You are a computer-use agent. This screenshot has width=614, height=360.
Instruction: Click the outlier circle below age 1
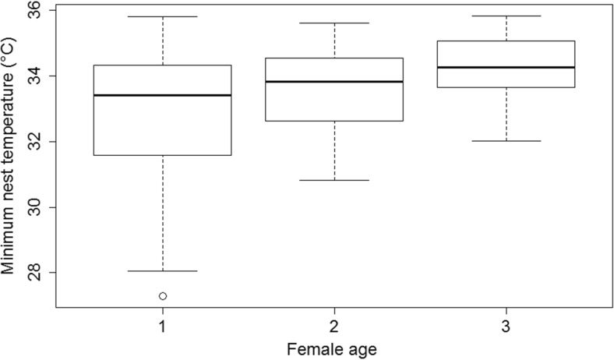163,296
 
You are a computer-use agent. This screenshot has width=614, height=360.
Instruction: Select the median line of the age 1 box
163,95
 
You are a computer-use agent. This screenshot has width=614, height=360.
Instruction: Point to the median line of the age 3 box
506,68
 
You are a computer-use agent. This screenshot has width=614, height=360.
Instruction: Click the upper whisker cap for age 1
163,16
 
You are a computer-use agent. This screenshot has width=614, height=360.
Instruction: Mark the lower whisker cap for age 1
163,271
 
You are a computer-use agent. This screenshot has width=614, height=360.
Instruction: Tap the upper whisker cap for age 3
506,16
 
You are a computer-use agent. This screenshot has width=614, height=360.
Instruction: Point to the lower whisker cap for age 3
506,141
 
